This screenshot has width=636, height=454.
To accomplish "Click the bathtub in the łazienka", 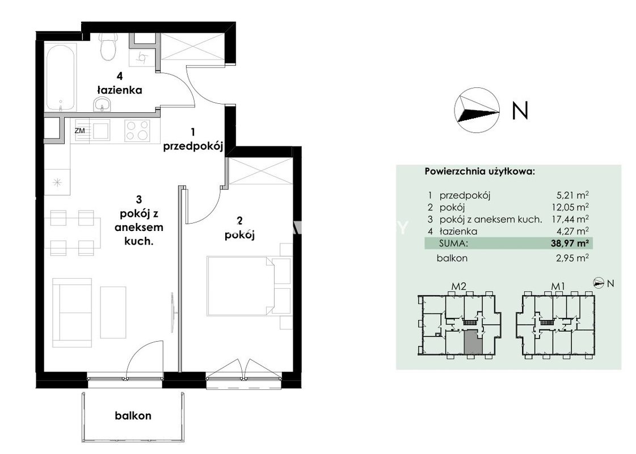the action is click(x=61, y=77).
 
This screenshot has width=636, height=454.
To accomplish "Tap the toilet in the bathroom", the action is click(x=109, y=46).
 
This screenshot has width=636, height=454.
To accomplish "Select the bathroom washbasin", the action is click(x=102, y=104).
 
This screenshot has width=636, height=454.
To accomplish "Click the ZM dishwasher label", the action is click(x=80, y=131).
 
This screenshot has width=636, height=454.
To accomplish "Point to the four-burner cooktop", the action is click(x=137, y=131).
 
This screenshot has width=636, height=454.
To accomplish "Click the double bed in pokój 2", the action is click(x=249, y=285).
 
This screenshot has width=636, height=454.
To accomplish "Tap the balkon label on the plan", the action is click(x=133, y=416).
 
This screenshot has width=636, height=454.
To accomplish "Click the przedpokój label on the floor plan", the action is click(x=193, y=146).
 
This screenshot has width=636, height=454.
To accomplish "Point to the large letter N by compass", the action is click(x=520, y=110).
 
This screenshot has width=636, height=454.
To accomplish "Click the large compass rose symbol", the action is click(x=477, y=110).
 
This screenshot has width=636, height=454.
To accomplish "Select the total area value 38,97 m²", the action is click(x=568, y=243).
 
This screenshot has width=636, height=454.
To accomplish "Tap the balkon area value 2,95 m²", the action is click(x=572, y=258).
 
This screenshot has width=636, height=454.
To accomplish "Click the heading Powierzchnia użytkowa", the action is click(x=480, y=171).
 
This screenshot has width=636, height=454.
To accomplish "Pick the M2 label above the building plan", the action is click(x=459, y=287).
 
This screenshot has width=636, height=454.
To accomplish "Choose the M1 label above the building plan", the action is click(x=558, y=287).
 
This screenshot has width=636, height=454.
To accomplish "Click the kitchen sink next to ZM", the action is click(x=101, y=131).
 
